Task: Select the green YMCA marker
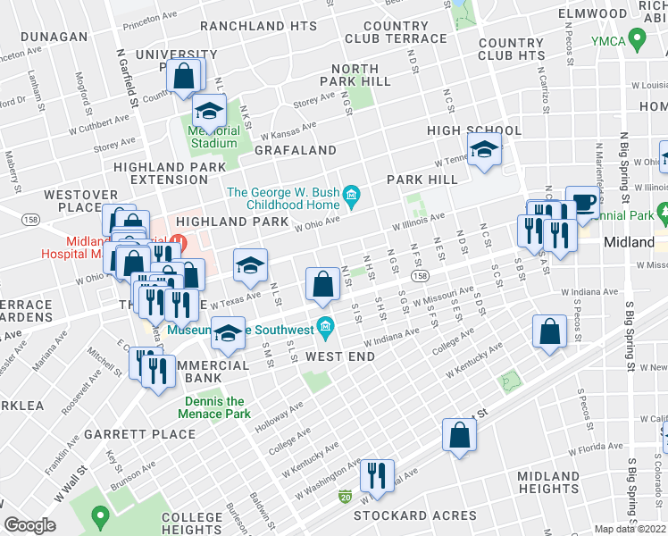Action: point(637,39)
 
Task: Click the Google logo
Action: point(30,524)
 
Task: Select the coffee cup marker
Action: point(583,202)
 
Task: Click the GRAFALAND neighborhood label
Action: point(295,151)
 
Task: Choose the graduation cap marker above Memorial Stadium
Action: point(210,111)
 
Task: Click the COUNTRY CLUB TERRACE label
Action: point(395,32)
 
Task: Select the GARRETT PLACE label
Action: point(139,434)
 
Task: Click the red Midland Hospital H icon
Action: point(179,241)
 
